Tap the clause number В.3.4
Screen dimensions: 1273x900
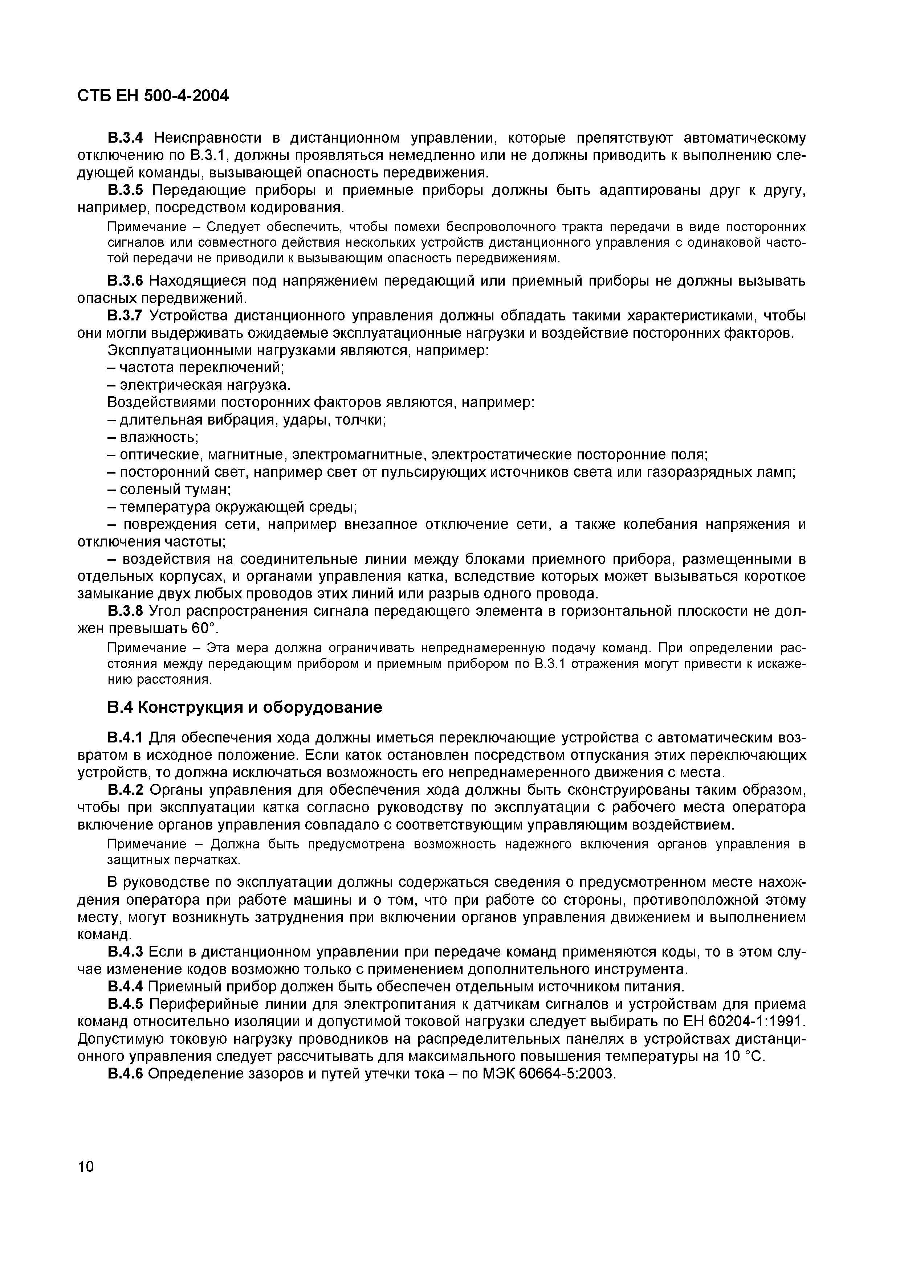pyautogui.click(x=125, y=137)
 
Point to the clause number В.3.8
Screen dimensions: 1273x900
pyautogui.click(x=125, y=611)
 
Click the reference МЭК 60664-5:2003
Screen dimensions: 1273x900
pyautogui.click(x=549, y=1073)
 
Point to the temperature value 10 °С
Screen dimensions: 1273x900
pyautogui.click(x=744, y=1056)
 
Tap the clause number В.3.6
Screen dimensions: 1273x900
pyautogui.click(x=125, y=281)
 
